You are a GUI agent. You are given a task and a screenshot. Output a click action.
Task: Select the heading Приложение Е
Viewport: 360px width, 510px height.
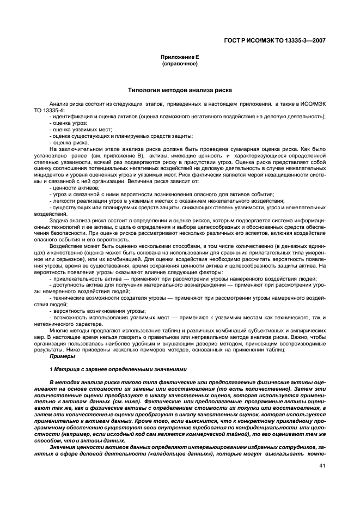point(180,57)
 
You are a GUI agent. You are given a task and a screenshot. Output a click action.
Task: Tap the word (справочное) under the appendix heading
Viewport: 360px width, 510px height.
point(180,64)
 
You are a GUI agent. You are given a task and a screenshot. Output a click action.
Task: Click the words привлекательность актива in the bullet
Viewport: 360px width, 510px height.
point(82,278)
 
